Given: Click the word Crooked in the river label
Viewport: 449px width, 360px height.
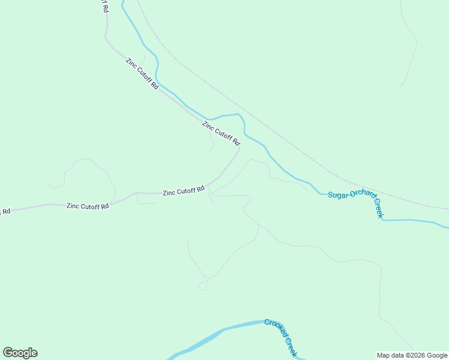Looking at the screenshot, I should [276, 328].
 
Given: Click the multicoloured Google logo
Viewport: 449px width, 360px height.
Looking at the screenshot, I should [20, 353].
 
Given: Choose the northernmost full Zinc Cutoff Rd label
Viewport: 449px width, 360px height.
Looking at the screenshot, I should [142, 73].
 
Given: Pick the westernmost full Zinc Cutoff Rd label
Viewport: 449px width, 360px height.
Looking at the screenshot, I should [88, 206].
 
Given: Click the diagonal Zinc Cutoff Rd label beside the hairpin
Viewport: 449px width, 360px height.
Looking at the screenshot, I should [221, 134].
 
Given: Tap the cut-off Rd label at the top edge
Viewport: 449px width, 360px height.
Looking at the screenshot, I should [105, 6].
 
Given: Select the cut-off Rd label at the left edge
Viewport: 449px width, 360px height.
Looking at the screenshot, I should [5, 211].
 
